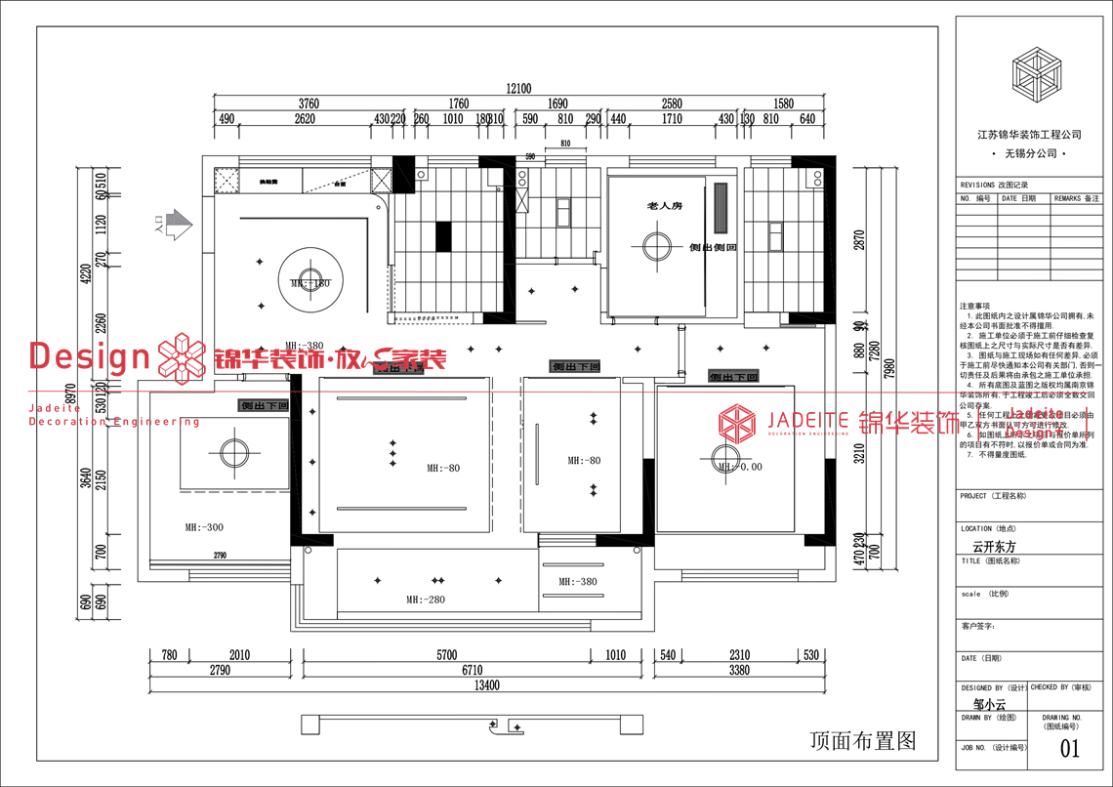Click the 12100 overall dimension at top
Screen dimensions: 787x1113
(x=519, y=89)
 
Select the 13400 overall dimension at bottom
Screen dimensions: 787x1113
(x=487, y=685)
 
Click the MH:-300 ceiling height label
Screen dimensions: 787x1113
(x=204, y=527)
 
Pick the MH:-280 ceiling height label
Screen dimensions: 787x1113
(x=425, y=600)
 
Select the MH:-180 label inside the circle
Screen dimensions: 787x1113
(x=310, y=283)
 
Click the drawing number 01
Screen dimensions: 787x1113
(x=1070, y=749)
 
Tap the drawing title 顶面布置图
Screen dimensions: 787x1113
(x=863, y=741)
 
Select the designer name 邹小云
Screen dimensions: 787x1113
(x=988, y=703)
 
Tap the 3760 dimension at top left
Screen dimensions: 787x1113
(x=309, y=104)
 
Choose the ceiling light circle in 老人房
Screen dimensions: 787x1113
(x=655, y=245)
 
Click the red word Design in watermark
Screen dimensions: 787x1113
(x=89, y=357)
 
